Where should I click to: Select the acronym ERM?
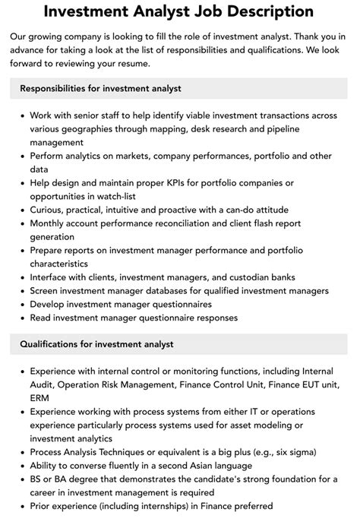[41, 398]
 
